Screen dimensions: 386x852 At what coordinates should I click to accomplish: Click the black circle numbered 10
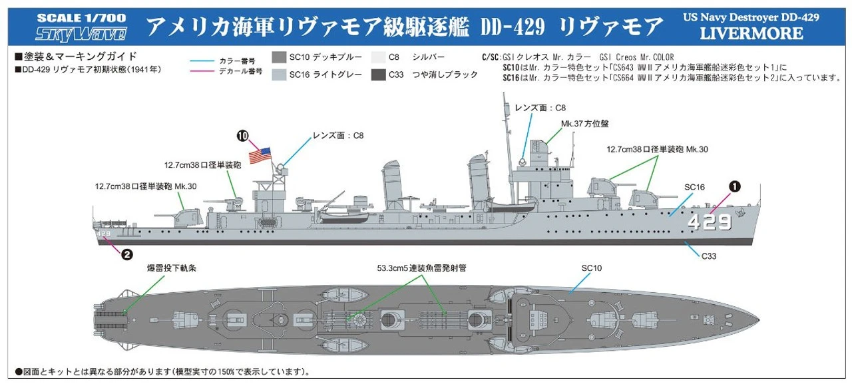(x=243, y=136)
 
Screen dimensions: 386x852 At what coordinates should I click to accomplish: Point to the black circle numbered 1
(x=734, y=187)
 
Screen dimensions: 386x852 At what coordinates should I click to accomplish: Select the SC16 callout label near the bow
(x=694, y=187)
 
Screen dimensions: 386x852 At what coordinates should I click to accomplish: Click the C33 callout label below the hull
(x=708, y=256)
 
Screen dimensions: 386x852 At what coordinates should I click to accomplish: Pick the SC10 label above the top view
(x=591, y=268)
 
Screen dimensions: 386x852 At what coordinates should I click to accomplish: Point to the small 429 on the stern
(x=103, y=234)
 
